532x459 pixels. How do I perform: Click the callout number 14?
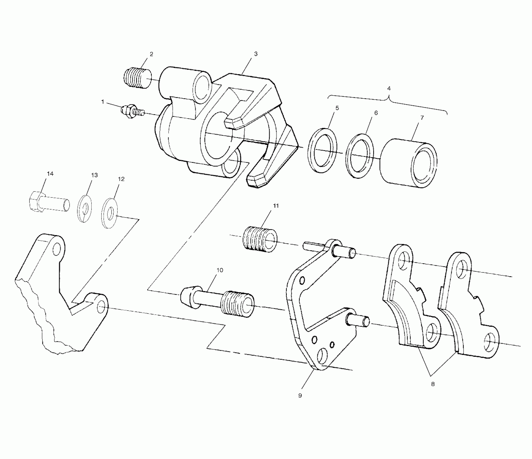(x=50, y=174)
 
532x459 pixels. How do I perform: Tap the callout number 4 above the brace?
(x=389, y=89)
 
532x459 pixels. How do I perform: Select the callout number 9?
(x=300, y=396)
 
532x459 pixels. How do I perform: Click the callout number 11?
(x=276, y=206)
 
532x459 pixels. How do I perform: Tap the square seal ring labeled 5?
(x=322, y=151)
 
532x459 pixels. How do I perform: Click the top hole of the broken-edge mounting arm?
(x=57, y=249)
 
